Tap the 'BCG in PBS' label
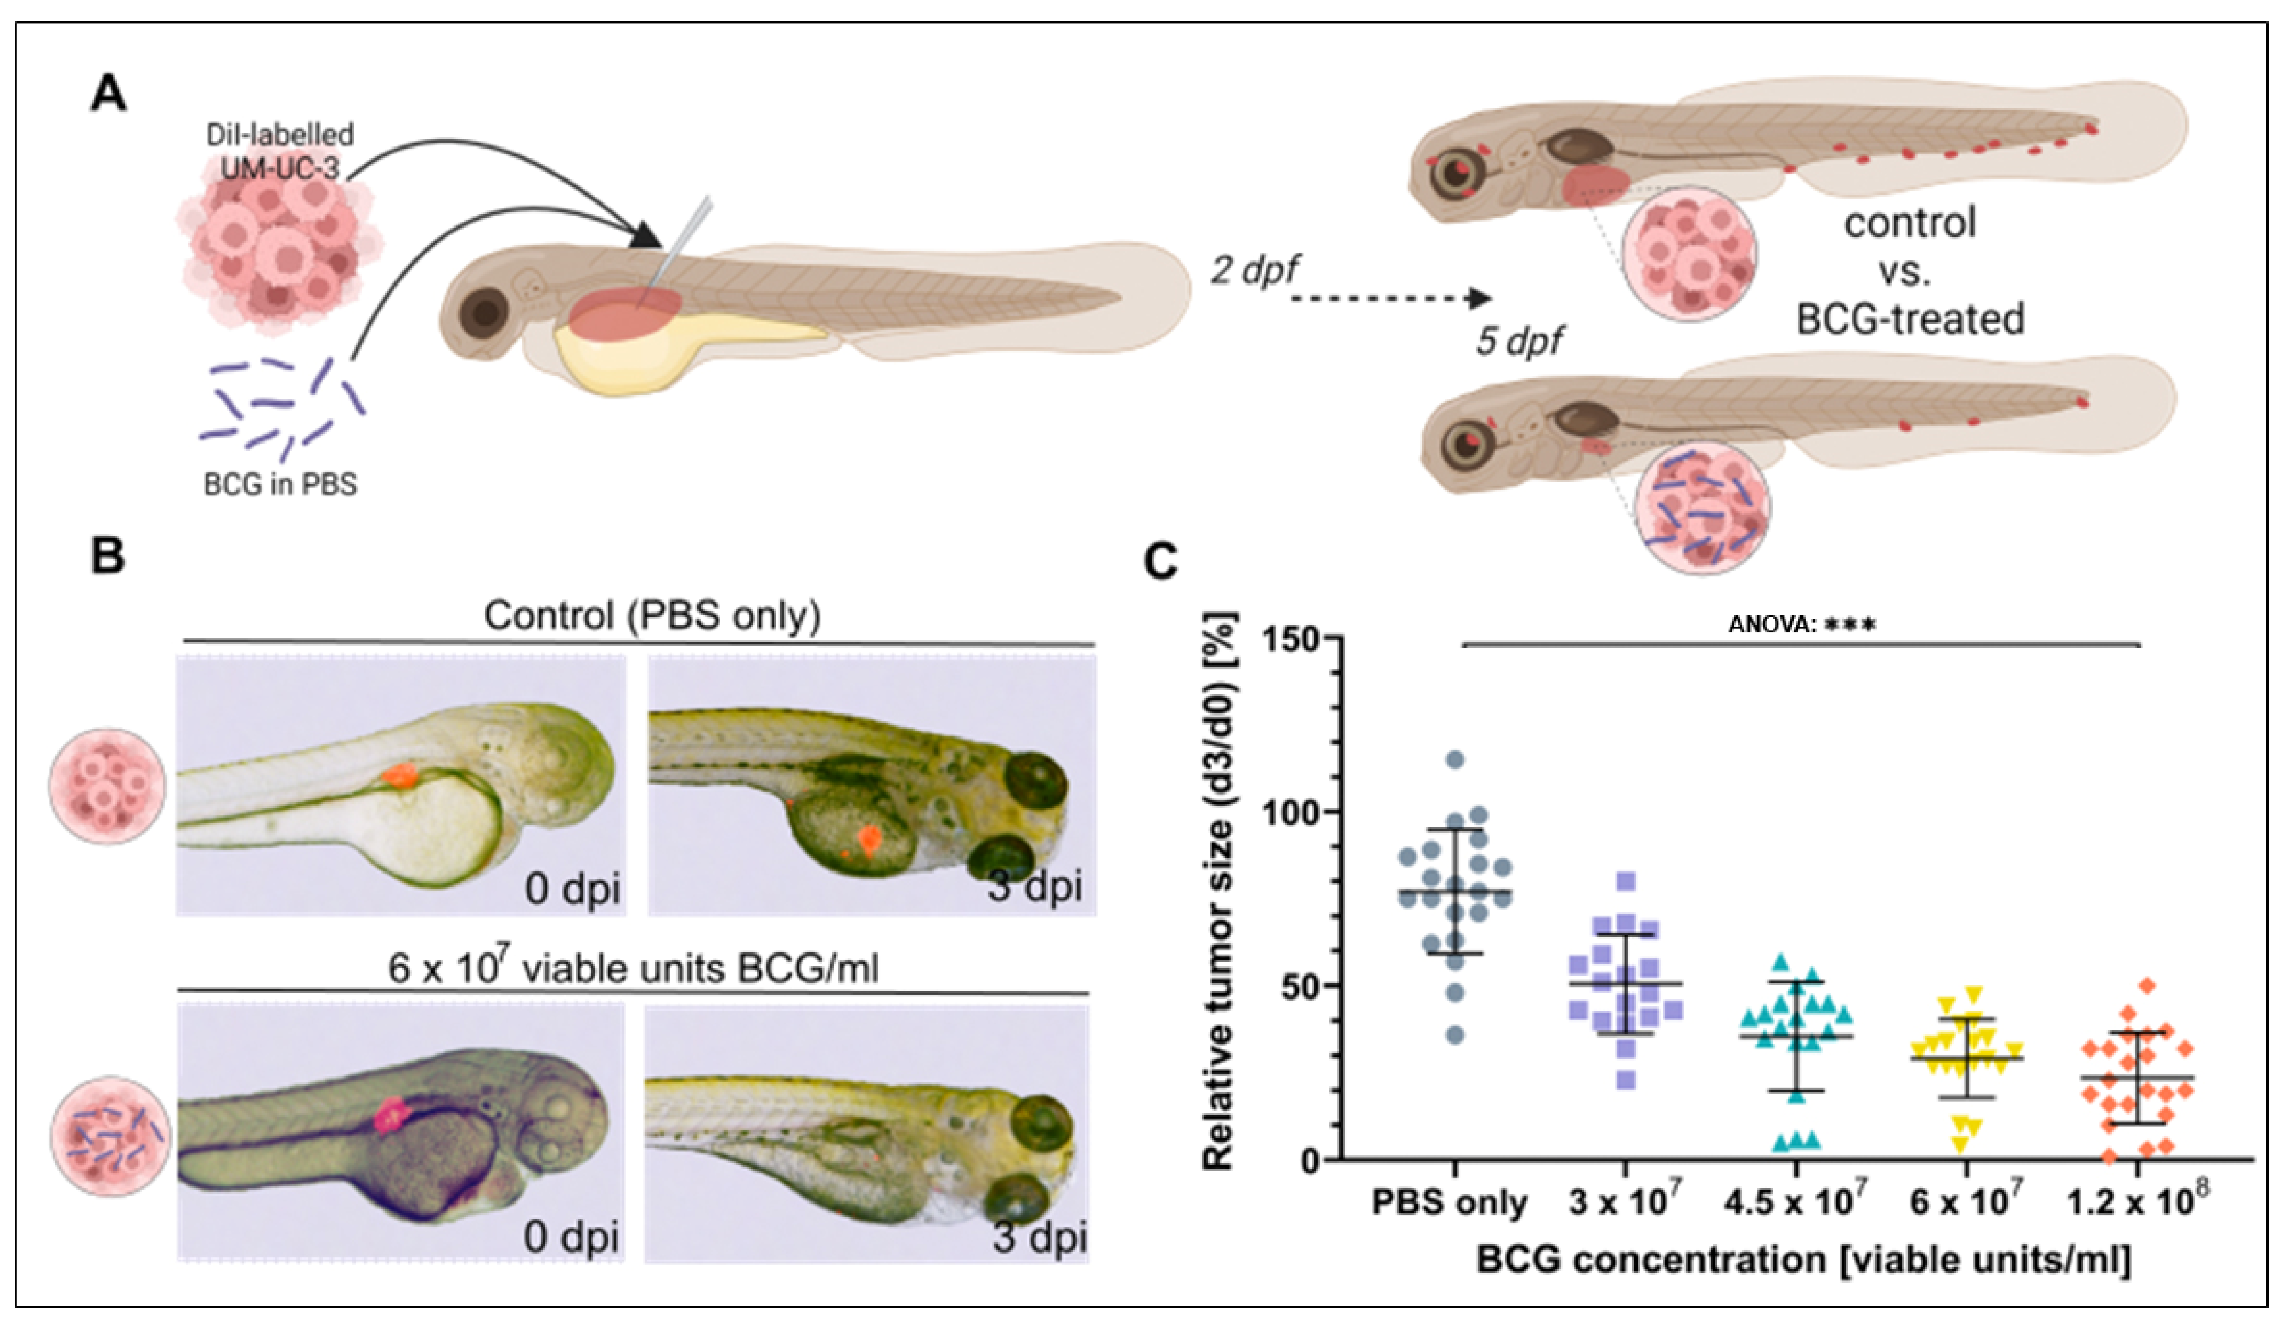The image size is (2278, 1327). pyautogui.click(x=280, y=485)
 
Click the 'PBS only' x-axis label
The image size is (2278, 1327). pyautogui.click(x=1449, y=1203)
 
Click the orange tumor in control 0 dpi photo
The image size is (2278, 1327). pyautogui.click(x=398, y=774)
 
